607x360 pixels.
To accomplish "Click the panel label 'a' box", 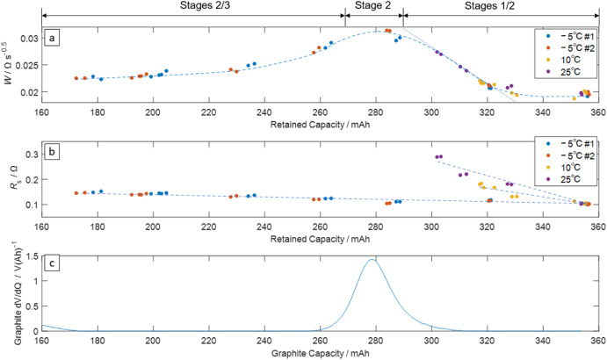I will click(x=54, y=39).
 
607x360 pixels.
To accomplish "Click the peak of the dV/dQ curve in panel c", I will click(x=373, y=259).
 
